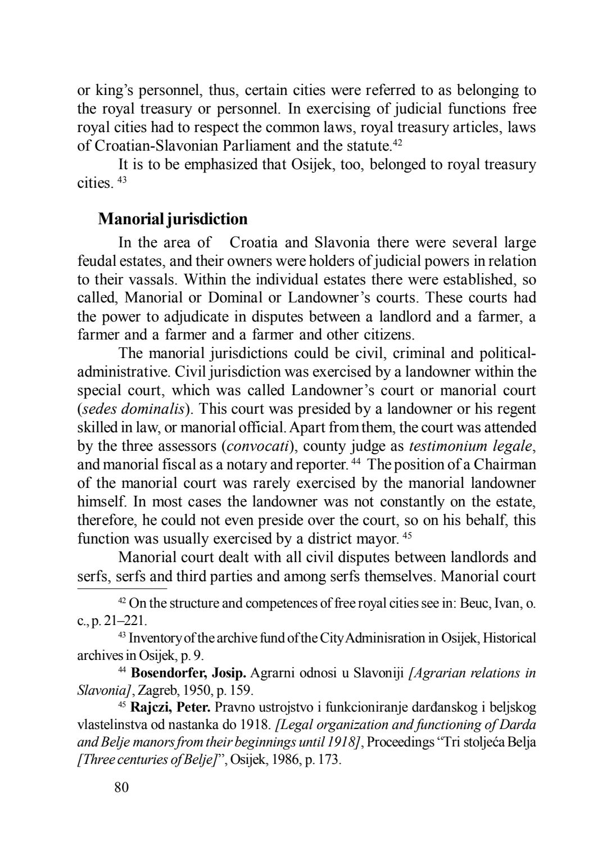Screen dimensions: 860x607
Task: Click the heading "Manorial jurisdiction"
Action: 173,219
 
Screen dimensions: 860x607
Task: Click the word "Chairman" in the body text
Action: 505,465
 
